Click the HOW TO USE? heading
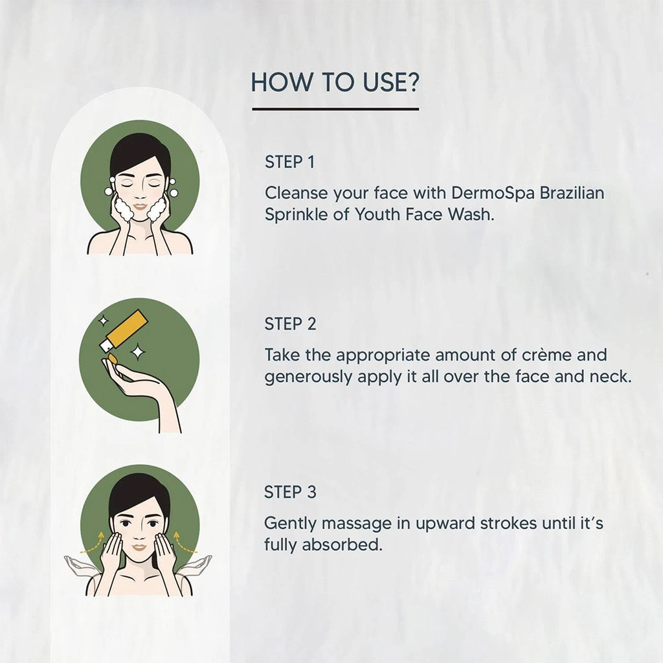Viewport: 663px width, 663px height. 335,82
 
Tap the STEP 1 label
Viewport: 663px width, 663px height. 289,162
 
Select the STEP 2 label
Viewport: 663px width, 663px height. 290,324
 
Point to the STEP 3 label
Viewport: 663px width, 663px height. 290,492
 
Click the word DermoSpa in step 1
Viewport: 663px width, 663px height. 493,193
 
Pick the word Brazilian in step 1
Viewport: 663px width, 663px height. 572,193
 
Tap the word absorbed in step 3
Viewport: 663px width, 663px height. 342,545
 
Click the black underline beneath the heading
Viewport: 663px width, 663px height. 335,109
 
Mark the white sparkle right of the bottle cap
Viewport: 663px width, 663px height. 137,352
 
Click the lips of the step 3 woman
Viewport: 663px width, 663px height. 139,548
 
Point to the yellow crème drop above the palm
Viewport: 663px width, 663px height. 113,359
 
